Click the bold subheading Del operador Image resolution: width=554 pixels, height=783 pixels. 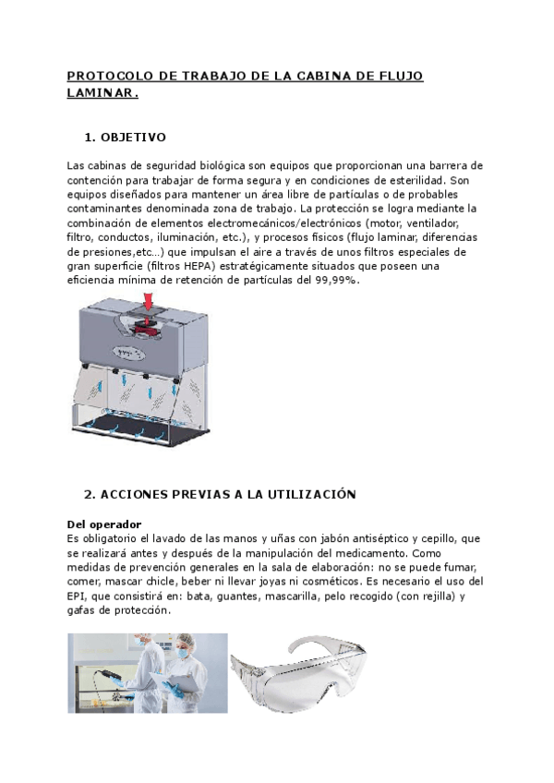(104, 524)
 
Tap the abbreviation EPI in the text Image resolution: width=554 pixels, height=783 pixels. (78, 596)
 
